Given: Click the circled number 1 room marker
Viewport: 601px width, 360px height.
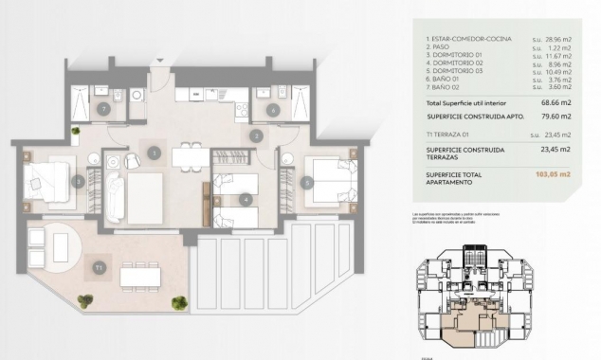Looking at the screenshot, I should (154, 152).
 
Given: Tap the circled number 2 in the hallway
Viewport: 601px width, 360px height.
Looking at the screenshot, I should (255, 136).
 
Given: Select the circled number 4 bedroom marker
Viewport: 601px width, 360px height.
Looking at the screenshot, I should (245, 199).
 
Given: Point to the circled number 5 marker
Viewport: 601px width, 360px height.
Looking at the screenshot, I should (307, 182).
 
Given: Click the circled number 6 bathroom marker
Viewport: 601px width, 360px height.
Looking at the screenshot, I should (272, 111).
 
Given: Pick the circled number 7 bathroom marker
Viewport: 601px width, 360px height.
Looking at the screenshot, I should (103, 111).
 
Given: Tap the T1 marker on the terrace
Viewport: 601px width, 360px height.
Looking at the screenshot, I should (99, 269).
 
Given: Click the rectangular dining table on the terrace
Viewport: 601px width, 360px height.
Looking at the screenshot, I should (139, 276).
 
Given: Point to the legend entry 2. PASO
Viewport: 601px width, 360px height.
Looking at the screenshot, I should (441, 47).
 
